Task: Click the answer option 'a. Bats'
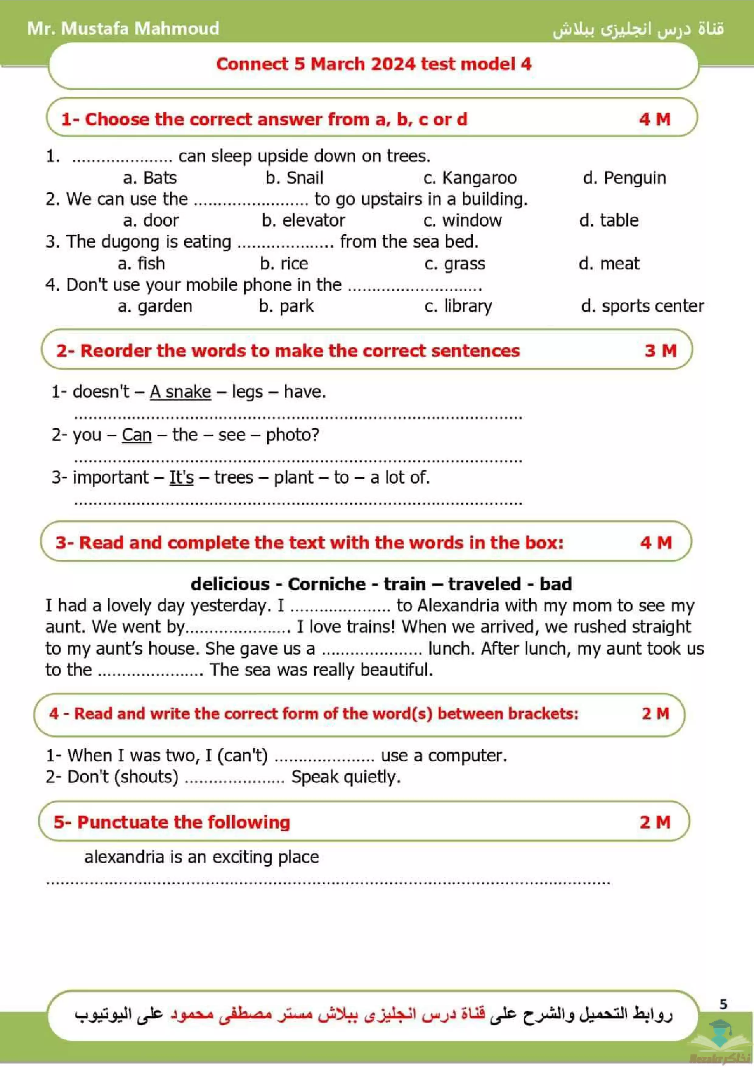tap(150, 178)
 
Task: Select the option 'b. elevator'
tap(303, 220)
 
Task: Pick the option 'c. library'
tap(458, 306)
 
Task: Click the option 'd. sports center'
tap(642, 306)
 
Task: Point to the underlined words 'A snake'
tap(180, 392)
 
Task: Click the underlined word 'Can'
tap(137, 435)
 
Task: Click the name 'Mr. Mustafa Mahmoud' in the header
tap(123, 28)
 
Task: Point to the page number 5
tap(723, 1004)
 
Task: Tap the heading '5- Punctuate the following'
tap(172, 822)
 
